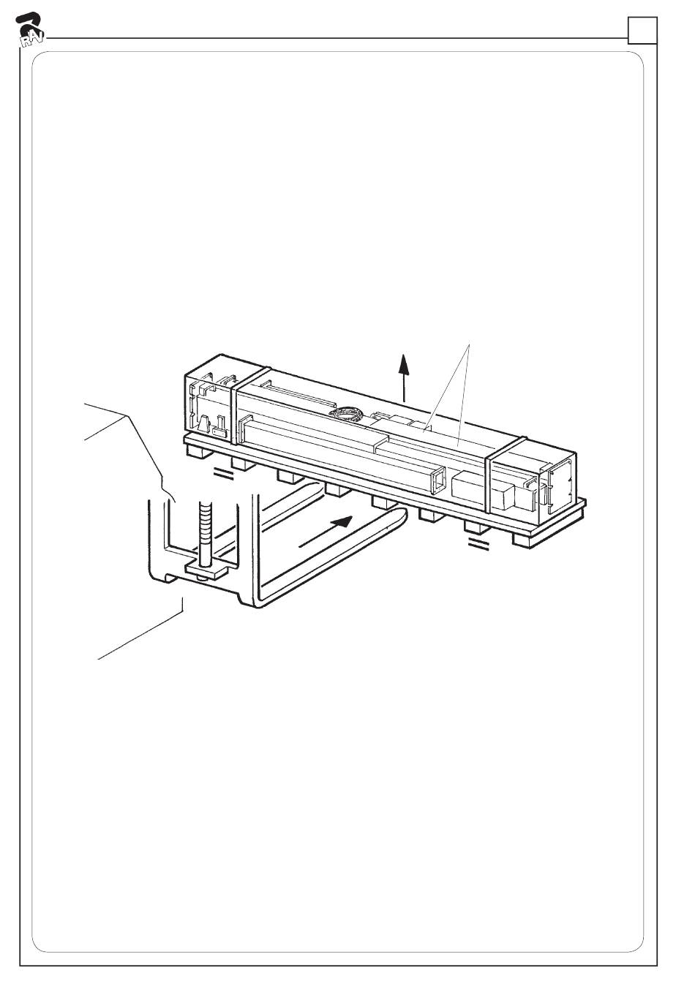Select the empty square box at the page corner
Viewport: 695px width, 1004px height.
(x=642, y=30)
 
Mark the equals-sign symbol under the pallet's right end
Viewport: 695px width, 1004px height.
(x=478, y=545)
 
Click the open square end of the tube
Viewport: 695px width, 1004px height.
(x=436, y=480)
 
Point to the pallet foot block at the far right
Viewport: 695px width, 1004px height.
(x=523, y=540)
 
